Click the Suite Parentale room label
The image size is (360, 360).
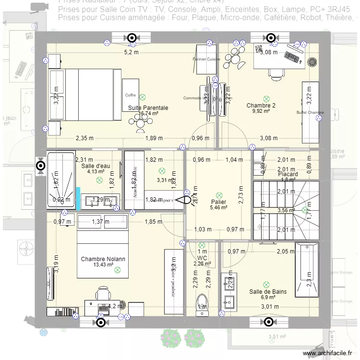[148, 108]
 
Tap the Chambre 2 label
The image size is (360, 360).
[261, 105]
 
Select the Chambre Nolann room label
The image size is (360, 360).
[103, 259]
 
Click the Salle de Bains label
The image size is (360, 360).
[268, 291]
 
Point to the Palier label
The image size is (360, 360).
[218, 202]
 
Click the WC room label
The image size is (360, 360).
[202, 258]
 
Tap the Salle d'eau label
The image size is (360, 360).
[96, 166]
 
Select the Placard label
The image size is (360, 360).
[288, 174]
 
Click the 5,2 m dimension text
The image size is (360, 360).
[131, 52]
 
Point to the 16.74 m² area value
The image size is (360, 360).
[148, 114]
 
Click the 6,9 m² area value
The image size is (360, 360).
[267, 297]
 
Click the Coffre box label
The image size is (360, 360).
[131, 95]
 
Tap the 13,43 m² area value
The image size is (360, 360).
[103, 264]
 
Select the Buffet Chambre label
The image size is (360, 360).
[310, 113]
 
